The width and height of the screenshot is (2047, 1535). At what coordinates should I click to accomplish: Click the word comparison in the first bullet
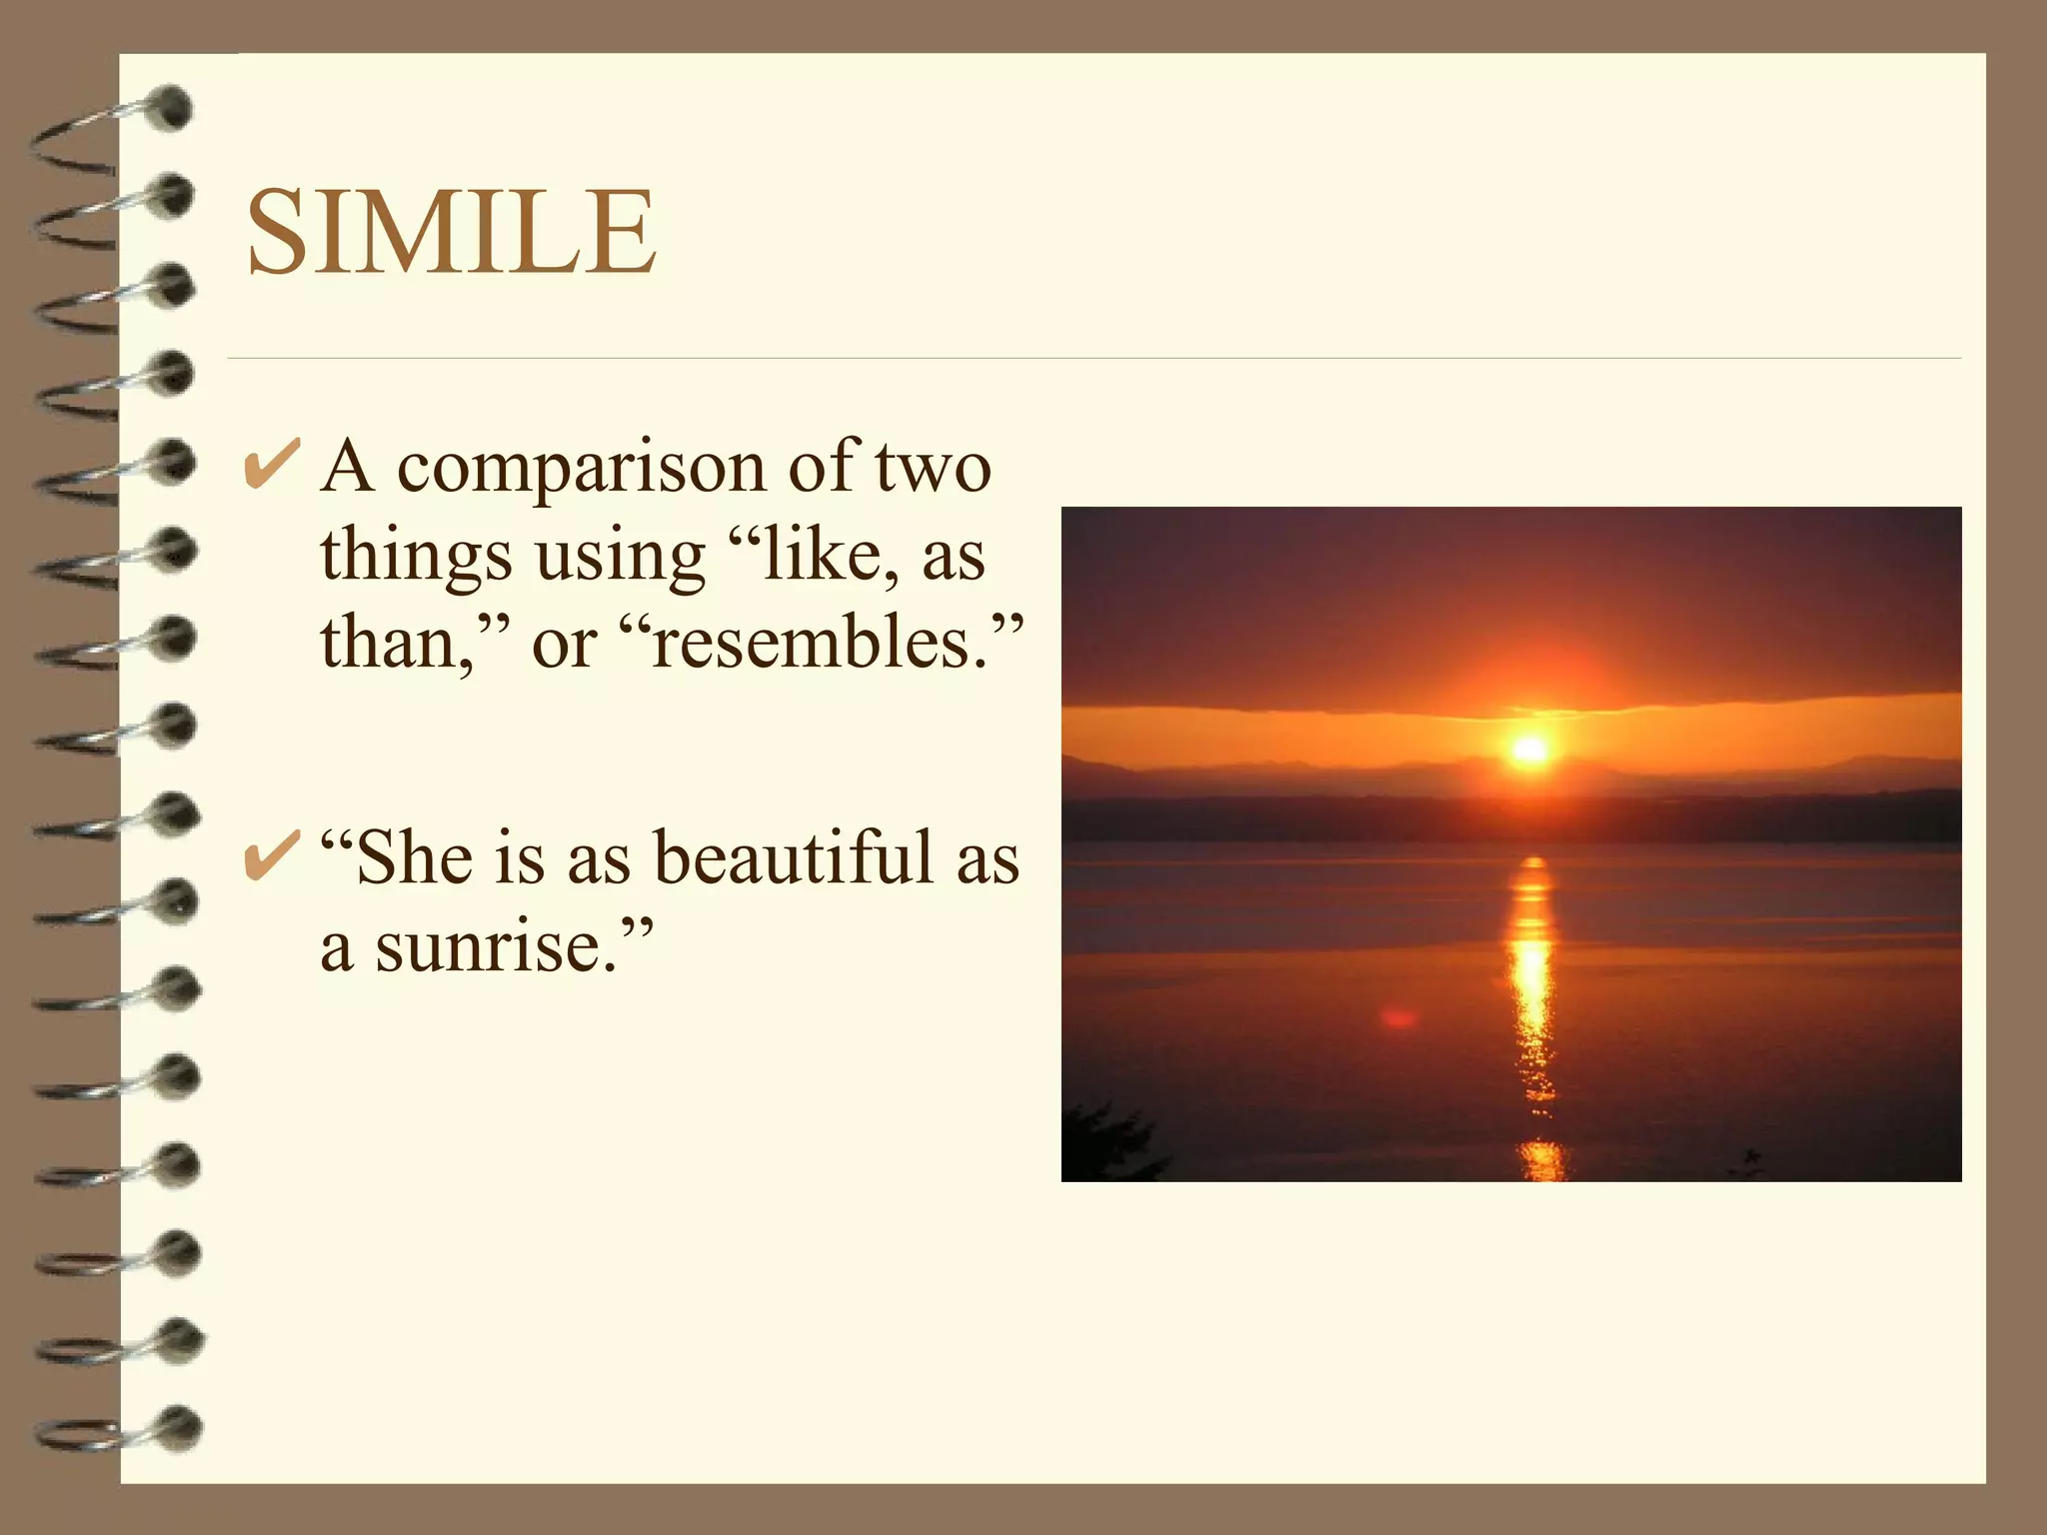coord(581,467)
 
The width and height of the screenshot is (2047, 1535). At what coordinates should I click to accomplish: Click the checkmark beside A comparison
coord(271,465)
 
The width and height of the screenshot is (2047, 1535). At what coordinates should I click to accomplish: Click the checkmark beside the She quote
coord(271,856)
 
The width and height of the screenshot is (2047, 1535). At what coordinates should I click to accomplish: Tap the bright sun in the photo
coord(1529,750)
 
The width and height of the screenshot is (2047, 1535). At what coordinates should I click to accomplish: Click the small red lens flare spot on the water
coord(1398,1018)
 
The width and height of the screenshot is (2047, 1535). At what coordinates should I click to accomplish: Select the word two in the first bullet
coord(934,467)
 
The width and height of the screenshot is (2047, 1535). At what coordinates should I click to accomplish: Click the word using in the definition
coord(620,557)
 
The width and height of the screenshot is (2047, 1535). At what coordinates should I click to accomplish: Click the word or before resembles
coord(564,645)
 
